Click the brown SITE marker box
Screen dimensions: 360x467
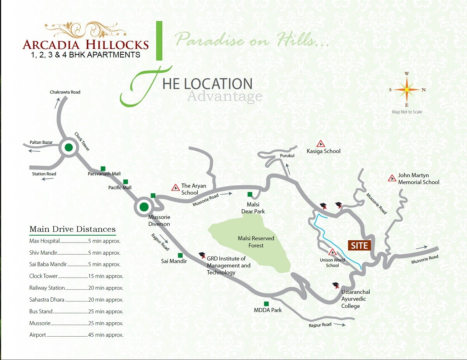click(x=359, y=245)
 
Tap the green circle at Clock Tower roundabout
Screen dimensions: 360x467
click(x=68, y=148)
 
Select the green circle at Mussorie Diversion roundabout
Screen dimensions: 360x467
click(x=144, y=207)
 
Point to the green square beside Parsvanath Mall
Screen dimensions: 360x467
click(x=103, y=168)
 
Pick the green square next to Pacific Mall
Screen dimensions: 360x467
click(x=126, y=182)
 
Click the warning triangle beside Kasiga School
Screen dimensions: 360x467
click(x=321, y=143)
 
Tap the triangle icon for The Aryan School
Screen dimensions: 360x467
click(x=176, y=188)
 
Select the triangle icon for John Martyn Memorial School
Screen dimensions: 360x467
click(x=392, y=178)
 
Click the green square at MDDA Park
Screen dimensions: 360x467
click(x=267, y=304)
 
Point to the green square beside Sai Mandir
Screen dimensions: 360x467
click(x=180, y=255)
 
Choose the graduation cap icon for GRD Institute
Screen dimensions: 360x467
click(x=202, y=255)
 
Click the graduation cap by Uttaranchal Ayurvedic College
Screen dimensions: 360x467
click(x=336, y=285)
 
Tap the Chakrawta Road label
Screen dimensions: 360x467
click(x=65, y=92)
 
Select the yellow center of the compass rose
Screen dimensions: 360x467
click(x=407, y=89)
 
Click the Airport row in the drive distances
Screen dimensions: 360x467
click(x=76, y=335)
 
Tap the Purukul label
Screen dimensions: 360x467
click(x=287, y=156)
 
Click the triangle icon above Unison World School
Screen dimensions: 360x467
click(x=332, y=252)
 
